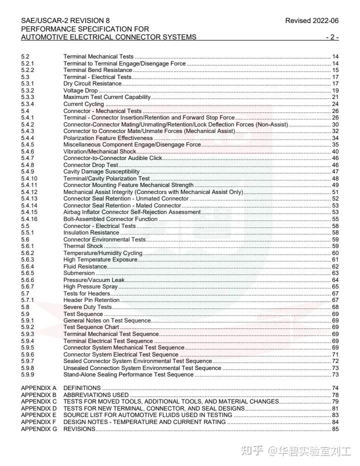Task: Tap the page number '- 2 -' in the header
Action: [x=332, y=37]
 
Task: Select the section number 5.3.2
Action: [x=27, y=90]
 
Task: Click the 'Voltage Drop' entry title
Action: [x=80, y=90]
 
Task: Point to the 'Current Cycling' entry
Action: [x=83, y=104]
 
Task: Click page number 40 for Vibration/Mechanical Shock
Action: [x=335, y=151]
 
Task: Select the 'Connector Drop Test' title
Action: [x=90, y=165]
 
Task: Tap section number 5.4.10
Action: [x=29, y=178]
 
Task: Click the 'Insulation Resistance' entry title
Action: [x=91, y=232]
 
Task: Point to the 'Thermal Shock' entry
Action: [x=83, y=246]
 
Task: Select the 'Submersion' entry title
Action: [x=79, y=273]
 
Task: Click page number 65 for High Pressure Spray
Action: [x=335, y=286]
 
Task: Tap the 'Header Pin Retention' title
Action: [x=91, y=300]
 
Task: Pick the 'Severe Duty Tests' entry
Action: [x=87, y=307]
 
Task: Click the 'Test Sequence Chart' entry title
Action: [x=91, y=327]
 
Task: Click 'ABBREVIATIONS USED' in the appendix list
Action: [x=96, y=395]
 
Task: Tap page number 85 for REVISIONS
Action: [x=335, y=429]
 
